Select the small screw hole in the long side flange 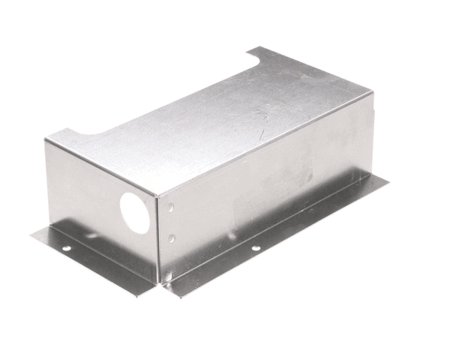click(256, 247)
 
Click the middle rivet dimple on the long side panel click(172, 238)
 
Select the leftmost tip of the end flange click(31, 235)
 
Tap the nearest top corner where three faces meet click(156, 196)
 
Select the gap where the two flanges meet click(160, 285)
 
